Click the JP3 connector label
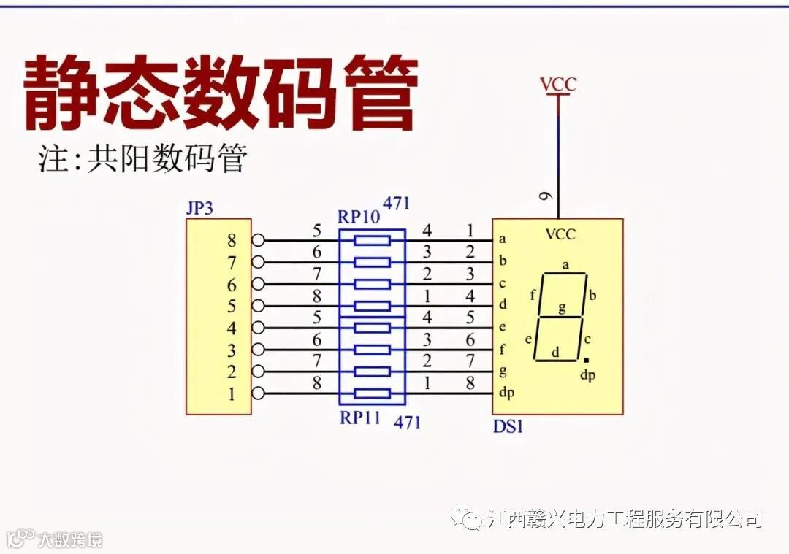pyautogui.click(x=199, y=208)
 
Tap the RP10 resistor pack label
pyautogui.click(x=359, y=217)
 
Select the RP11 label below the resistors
pyautogui.click(x=360, y=418)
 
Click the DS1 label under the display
pyautogui.click(x=508, y=426)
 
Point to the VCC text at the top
pyautogui.click(x=558, y=84)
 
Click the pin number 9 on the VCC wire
pyautogui.click(x=546, y=196)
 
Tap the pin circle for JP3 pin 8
pyautogui.click(x=258, y=240)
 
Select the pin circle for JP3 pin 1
pyautogui.click(x=258, y=393)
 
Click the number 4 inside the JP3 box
pyautogui.click(x=232, y=328)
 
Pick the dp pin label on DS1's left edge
pyautogui.click(x=506, y=393)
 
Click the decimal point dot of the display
pyautogui.click(x=586, y=361)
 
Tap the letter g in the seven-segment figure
pyautogui.click(x=562, y=307)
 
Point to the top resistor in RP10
pyautogui.click(x=372, y=240)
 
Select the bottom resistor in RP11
pyautogui.click(x=372, y=393)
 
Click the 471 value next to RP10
pyautogui.click(x=396, y=204)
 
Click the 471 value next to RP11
pyautogui.click(x=408, y=422)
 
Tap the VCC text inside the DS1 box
pyautogui.click(x=560, y=234)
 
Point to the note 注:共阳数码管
pyautogui.click(x=142, y=158)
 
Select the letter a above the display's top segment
pyautogui.click(x=565, y=264)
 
